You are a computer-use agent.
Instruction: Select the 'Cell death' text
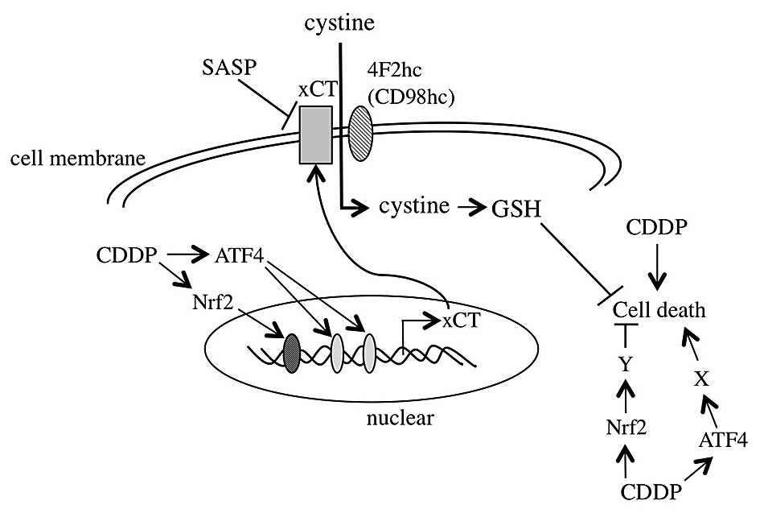click(659, 309)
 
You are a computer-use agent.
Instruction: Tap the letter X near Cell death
click(702, 379)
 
